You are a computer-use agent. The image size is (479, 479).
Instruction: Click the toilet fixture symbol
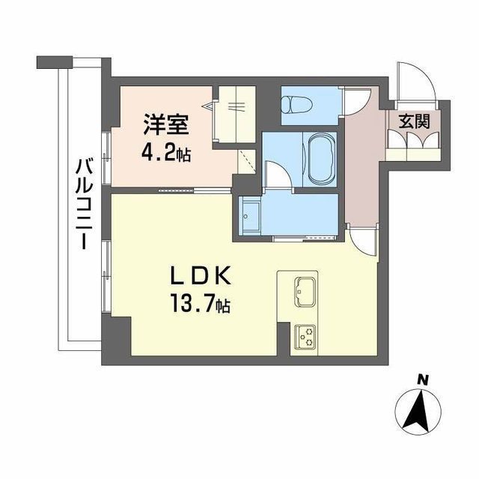pyautogui.click(x=296, y=105)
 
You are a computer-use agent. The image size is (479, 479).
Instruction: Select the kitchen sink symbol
pyautogui.click(x=305, y=292)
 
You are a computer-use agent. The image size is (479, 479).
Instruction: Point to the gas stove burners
pyautogui.click(x=305, y=336)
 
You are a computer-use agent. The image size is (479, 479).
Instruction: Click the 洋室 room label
pyautogui.click(x=166, y=124)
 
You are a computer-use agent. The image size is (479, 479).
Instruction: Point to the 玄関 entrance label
pyautogui.click(x=414, y=121)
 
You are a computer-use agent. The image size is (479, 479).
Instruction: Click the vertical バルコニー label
pyautogui.click(x=84, y=204)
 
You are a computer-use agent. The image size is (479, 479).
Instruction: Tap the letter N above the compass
pyautogui.click(x=422, y=381)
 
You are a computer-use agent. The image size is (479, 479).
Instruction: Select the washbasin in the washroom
pyautogui.click(x=249, y=216)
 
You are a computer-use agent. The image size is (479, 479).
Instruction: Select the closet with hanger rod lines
pyautogui.click(x=234, y=115)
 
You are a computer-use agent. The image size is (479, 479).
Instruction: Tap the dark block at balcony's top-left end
pyautogui.click(x=55, y=62)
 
